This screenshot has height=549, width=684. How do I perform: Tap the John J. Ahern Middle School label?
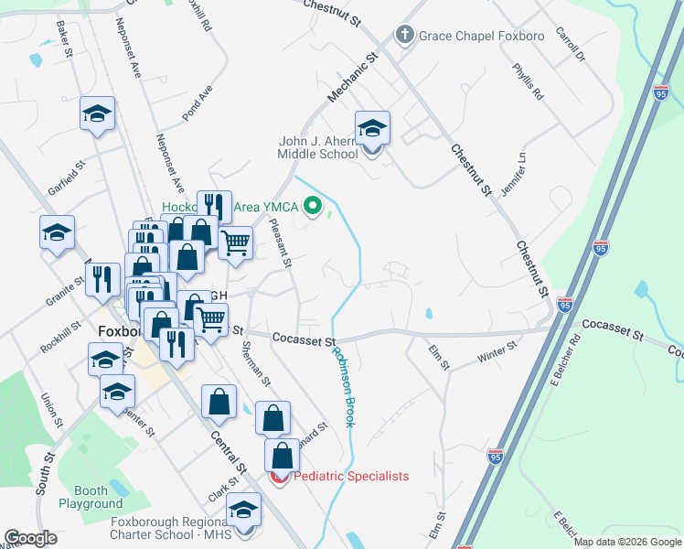(318, 147)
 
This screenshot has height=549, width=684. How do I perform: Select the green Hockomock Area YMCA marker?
(315, 207)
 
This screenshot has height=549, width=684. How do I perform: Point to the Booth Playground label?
(91, 497)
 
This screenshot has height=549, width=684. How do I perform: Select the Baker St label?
(63, 38)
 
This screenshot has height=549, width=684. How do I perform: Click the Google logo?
(30, 538)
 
